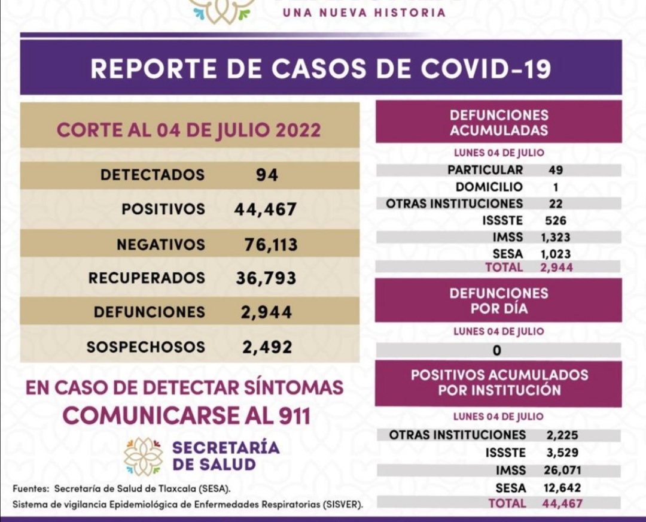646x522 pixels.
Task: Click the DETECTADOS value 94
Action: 266,175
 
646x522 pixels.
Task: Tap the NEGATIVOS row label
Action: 161,244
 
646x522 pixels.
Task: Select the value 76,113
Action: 271,244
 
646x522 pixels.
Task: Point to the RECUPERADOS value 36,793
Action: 267,278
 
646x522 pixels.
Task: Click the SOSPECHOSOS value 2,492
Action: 267,347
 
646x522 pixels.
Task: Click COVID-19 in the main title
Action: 485,68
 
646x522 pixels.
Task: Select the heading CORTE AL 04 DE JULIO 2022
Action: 188,130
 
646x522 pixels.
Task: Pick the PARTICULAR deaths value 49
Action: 556,170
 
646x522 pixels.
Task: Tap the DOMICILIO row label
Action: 489,187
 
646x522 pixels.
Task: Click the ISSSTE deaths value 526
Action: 556,220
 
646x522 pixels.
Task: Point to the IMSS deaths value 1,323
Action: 556,237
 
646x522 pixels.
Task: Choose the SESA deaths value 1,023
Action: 556,254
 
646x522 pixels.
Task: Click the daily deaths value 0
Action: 497,351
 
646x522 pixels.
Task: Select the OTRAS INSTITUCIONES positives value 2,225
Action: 562,435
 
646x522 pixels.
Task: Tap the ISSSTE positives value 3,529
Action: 562,453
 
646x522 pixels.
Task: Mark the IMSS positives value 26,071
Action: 562,470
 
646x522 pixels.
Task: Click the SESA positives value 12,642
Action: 562,487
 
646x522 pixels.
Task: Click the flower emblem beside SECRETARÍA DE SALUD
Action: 144,456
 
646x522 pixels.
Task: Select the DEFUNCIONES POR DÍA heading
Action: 498,301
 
